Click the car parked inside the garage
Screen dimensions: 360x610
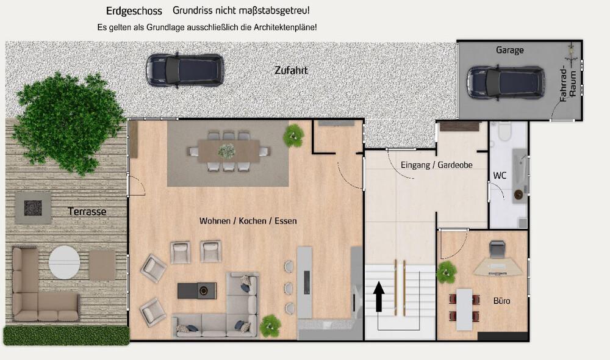pyautogui.click(x=506, y=82)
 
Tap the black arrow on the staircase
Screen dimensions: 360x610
pyautogui.click(x=379, y=296)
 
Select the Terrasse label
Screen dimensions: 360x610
pyautogui.click(x=87, y=212)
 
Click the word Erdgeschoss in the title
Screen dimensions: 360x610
pyautogui.click(x=134, y=11)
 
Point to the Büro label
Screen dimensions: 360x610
pyautogui.click(x=501, y=301)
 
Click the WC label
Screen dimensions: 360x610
pyautogui.click(x=500, y=176)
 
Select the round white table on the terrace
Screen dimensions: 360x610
pyautogui.click(x=64, y=261)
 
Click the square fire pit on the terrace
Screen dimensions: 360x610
pyautogui.click(x=34, y=206)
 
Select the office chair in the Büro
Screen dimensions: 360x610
pyautogui.click(x=498, y=248)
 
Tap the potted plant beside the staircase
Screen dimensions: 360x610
pyautogui.click(x=447, y=272)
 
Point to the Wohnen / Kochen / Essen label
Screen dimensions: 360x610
pyautogui.click(x=248, y=220)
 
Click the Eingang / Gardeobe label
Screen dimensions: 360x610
pyautogui.click(x=436, y=165)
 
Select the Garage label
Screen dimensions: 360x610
pyautogui.click(x=509, y=50)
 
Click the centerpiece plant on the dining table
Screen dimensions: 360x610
pyautogui.click(x=227, y=149)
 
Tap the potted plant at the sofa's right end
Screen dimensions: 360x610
pyautogui.click(x=270, y=326)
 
